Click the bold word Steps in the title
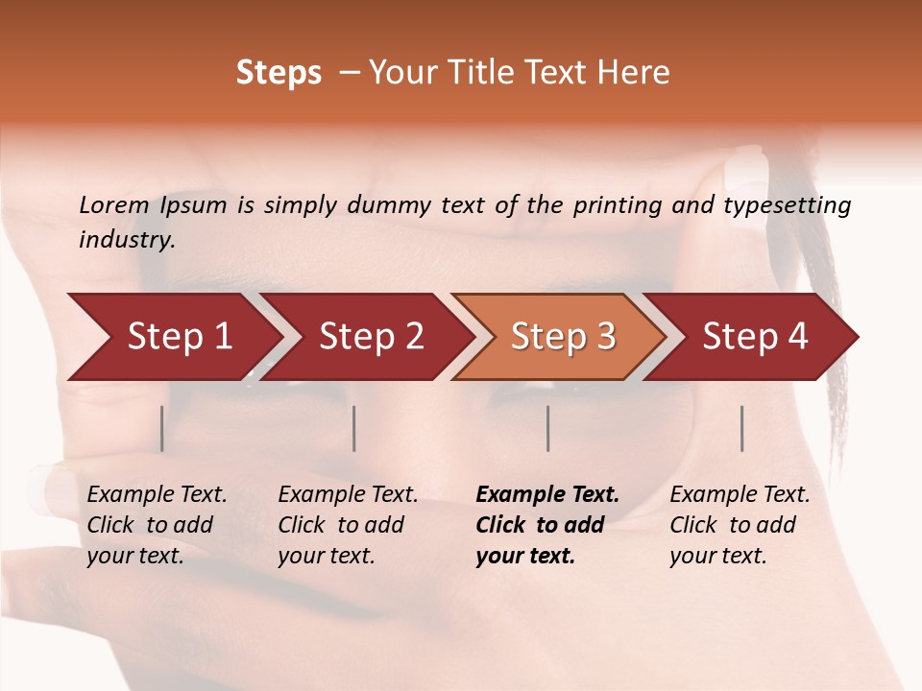click(x=279, y=73)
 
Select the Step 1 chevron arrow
click(x=173, y=337)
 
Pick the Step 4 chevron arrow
click(x=754, y=337)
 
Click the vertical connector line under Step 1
click(x=162, y=428)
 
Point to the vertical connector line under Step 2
click(x=354, y=428)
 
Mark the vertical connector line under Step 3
click(x=548, y=428)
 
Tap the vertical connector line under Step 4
click(x=742, y=428)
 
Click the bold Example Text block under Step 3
click(x=546, y=525)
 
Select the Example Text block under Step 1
click(x=157, y=525)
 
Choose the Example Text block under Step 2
click(x=348, y=525)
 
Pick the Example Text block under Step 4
click(x=740, y=525)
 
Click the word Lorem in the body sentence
click(x=114, y=205)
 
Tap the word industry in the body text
click(x=126, y=240)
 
